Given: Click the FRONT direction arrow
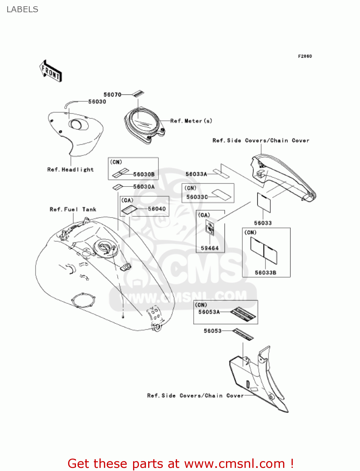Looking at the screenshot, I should coord(51,71).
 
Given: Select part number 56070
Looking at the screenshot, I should coord(112,95).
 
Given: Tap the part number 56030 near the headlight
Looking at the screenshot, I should coord(97,101).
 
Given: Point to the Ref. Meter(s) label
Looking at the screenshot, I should coord(191,121).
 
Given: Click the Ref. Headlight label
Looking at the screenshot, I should coord(70,170).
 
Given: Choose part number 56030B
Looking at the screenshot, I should coord(144,174).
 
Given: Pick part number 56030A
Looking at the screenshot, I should coord(144,187).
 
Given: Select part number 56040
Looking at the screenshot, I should coord(157,209).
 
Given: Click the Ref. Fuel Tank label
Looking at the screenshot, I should coord(73,209).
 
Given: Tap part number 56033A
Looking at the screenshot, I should coord(196,174).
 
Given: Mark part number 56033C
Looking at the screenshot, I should coord(197,197).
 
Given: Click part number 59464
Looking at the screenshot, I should coord(210,248).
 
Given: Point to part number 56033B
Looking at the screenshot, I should coord(266,273).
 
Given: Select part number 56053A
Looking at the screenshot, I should coord(209,312).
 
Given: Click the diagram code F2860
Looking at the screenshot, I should coord(305,56).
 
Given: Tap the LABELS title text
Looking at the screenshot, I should coord(22,9).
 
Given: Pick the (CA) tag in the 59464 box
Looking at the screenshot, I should coord(204,215).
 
